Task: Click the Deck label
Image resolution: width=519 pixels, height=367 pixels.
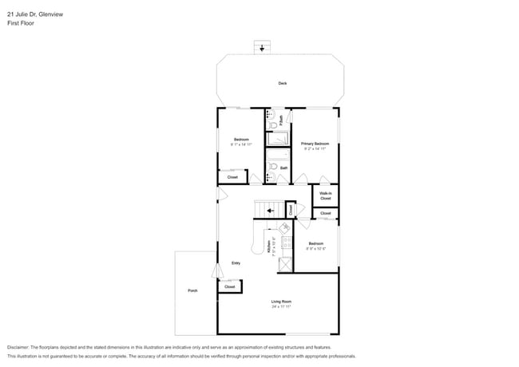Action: pyautogui.click(x=283, y=83)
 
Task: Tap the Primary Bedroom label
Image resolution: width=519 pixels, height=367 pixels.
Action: pyautogui.click(x=315, y=144)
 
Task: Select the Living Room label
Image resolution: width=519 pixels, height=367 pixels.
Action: pyautogui.click(x=281, y=301)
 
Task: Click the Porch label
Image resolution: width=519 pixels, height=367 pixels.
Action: pyautogui.click(x=192, y=290)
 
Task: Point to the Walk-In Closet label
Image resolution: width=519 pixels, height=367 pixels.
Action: pyautogui.click(x=326, y=195)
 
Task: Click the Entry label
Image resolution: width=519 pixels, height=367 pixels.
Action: pyautogui.click(x=236, y=263)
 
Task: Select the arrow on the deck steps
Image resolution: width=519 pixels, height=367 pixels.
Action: pyautogui.click(x=263, y=48)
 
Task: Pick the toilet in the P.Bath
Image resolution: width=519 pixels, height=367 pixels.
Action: pyautogui.click(x=273, y=125)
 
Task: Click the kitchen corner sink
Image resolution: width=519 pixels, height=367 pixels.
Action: pyautogui.click(x=284, y=227)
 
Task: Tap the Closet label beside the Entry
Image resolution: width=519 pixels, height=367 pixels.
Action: pyautogui.click(x=229, y=286)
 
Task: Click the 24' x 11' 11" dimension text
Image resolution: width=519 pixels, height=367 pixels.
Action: pyautogui.click(x=281, y=306)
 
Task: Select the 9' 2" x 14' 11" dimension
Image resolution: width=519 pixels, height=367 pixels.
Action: pyautogui.click(x=315, y=149)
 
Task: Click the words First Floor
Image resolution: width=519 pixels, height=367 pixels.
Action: pyautogui.click(x=20, y=23)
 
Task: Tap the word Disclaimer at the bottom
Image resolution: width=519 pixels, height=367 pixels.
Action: pyautogui.click(x=22, y=347)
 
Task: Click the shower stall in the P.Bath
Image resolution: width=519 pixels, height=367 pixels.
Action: pyautogui.click(x=278, y=139)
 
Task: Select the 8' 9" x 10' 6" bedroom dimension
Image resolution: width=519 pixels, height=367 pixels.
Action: pyautogui.click(x=316, y=248)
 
